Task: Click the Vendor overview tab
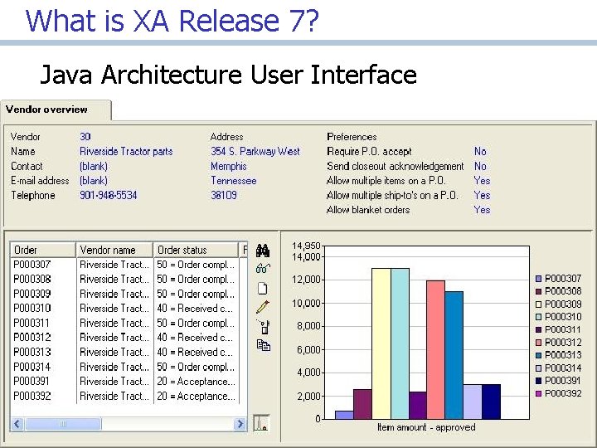point(46,110)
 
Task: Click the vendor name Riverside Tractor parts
point(126,152)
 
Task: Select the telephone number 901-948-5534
point(109,196)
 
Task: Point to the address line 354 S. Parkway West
point(255,152)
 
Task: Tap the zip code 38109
point(224,196)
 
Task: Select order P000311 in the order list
point(32,324)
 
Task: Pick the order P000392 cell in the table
point(32,397)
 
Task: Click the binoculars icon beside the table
point(263,251)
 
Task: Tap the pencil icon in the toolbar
point(263,307)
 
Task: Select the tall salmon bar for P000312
point(435,348)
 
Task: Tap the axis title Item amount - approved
point(426,427)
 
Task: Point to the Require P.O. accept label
point(369,152)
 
